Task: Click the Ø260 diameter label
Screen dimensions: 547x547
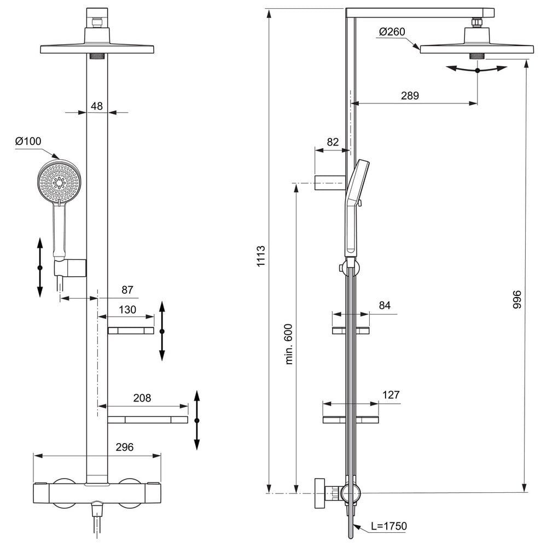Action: click(x=392, y=32)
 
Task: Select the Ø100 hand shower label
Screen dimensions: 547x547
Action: click(x=28, y=141)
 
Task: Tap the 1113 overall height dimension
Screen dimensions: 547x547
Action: click(x=261, y=257)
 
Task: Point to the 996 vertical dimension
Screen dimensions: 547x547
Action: click(x=517, y=299)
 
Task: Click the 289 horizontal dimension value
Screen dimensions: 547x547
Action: click(x=410, y=96)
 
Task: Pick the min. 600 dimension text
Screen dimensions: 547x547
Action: click(x=289, y=344)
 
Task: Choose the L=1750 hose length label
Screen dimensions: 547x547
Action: click(x=389, y=526)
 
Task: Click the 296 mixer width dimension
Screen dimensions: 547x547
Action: click(x=125, y=447)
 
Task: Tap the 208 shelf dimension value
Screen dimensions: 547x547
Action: click(x=142, y=398)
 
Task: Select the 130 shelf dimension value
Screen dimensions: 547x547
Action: click(x=127, y=310)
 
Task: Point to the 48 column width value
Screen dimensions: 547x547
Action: click(x=97, y=106)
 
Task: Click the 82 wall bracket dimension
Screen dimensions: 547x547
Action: click(x=333, y=142)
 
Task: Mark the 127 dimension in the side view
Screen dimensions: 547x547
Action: click(x=391, y=395)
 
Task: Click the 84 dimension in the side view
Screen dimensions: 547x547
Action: click(x=385, y=306)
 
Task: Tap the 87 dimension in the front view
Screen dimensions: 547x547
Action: click(x=127, y=290)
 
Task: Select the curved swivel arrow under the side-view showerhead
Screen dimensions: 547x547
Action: click(x=477, y=69)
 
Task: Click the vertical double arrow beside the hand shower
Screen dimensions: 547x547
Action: click(x=40, y=267)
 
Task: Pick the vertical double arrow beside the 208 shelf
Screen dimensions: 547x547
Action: click(x=197, y=420)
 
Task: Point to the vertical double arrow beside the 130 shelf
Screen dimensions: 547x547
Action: click(x=162, y=331)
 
